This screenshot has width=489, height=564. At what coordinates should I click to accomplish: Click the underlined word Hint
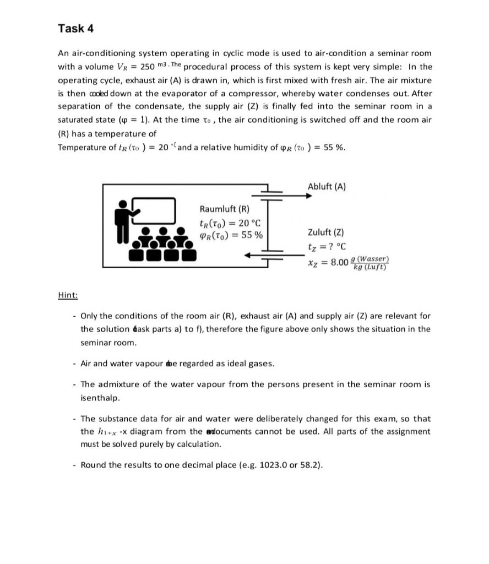(x=68, y=295)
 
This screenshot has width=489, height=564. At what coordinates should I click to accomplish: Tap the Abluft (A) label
(x=327, y=186)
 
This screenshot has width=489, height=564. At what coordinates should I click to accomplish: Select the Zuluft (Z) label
(x=326, y=232)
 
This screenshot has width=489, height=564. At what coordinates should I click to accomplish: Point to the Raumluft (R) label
(x=224, y=209)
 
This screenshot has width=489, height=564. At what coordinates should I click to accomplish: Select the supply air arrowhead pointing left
(x=249, y=255)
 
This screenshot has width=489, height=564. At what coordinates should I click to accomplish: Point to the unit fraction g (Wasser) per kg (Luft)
(x=370, y=263)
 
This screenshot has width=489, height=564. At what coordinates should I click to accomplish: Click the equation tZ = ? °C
(x=327, y=247)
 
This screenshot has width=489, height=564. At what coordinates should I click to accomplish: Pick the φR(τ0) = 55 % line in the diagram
(x=231, y=235)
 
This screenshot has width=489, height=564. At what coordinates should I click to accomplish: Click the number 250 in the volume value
(x=147, y=67)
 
